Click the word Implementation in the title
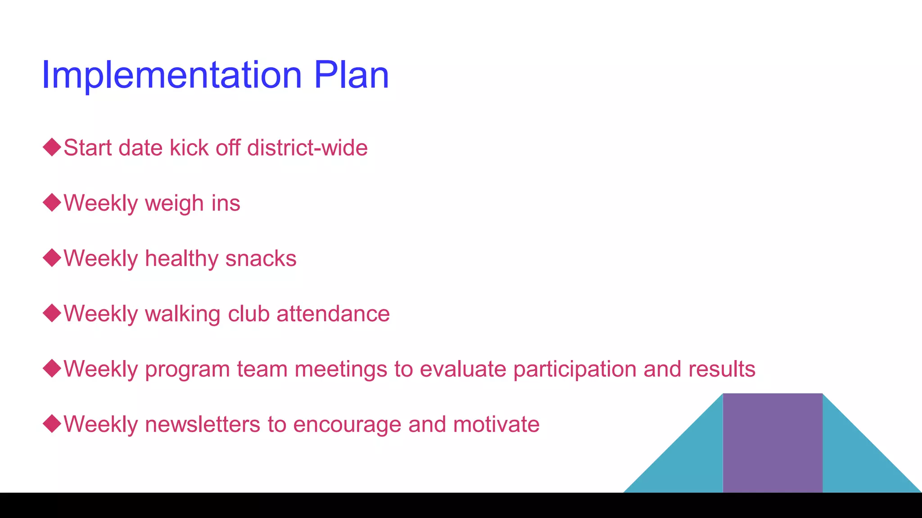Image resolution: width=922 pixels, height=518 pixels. (x=172, y=75)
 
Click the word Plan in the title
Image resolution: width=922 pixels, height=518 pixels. (x=351, y=75)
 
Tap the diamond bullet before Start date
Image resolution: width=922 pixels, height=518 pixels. (x=52, y=147)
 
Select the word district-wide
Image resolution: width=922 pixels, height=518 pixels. (x=307, y=148)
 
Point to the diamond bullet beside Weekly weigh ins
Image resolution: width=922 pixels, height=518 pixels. (x=52, y=203)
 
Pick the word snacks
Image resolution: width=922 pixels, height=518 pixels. (x=261, y=259)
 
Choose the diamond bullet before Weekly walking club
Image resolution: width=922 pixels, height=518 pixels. (x=52, y=313)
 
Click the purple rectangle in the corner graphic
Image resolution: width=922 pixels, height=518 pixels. (x=773, y=443)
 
